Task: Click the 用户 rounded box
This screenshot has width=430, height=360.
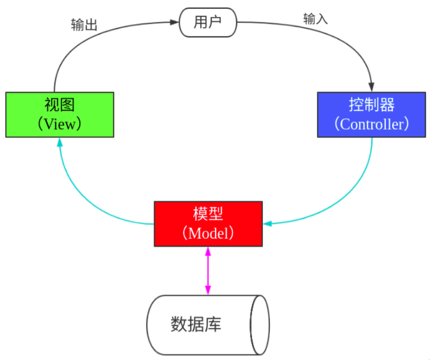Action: coord(208,22)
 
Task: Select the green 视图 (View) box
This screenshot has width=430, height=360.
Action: coord(60,115)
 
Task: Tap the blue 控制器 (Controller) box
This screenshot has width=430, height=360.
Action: coord(371,115)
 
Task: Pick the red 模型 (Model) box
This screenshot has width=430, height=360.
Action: coord(208,224)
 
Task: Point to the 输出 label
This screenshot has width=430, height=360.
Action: coord(84,25)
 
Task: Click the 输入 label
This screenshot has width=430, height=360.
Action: coord(315,19)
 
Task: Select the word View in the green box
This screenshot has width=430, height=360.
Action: coord(60,124)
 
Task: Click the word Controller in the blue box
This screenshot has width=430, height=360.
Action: coord(371,124)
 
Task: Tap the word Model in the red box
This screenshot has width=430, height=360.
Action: coord(208,233)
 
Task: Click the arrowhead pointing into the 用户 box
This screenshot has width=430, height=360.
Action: coord(174,22)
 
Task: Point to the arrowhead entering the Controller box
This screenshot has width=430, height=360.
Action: coord(371,87)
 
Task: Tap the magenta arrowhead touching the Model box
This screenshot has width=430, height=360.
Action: coord(208,252)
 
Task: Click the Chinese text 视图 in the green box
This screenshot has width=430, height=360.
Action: coord(60,105)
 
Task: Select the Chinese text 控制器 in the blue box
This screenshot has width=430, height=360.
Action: coord(371,105)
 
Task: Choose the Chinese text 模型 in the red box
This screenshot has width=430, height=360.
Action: coord(208,213)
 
